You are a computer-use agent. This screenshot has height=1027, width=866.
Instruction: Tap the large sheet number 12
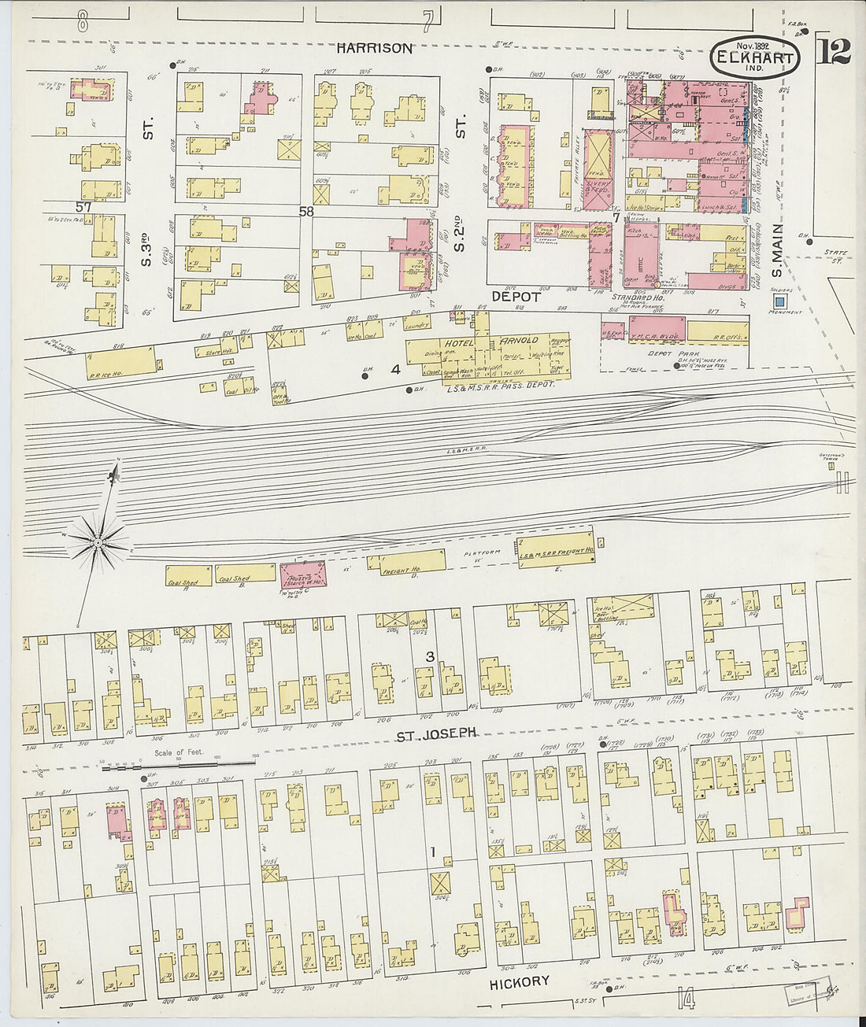coord(834,52)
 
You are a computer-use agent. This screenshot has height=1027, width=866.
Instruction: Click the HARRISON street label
coord(374,48)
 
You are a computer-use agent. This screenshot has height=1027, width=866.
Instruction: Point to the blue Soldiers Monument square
coord(779,301)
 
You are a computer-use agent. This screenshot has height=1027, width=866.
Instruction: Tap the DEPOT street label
coord(516,297)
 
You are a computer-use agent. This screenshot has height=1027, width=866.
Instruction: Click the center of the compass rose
coord(98,541)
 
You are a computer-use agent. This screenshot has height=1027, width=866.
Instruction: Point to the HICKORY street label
coord(519,981)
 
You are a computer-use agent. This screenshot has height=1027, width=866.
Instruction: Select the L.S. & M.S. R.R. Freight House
coord(555,551)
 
